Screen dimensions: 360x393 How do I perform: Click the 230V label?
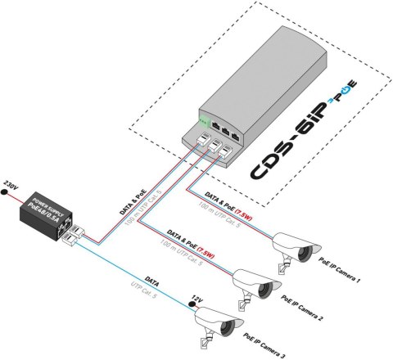pyautogui.click(x=11, y=182)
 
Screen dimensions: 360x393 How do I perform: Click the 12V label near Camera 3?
pyautogui.click(x=194, y=299)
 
